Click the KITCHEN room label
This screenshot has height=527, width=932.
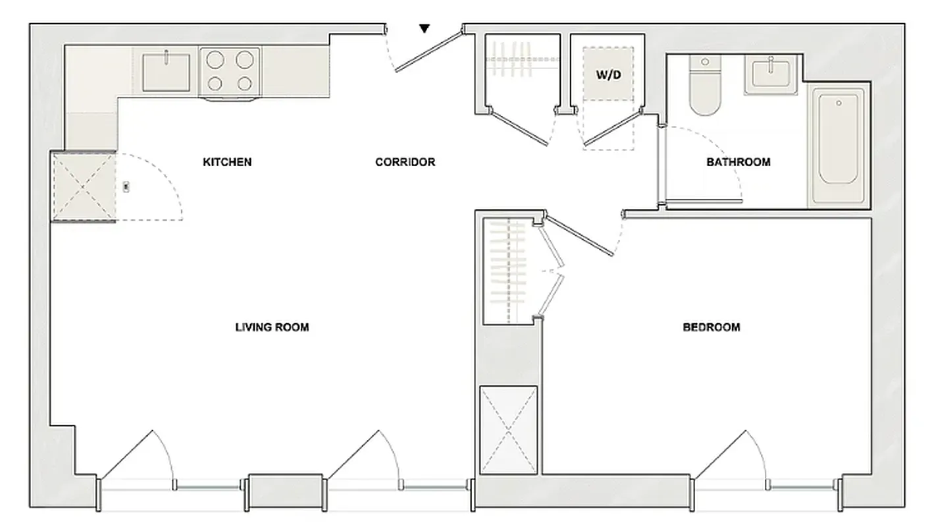click(x=227, y=162)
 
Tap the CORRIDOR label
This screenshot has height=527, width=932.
click(x=405, y=162)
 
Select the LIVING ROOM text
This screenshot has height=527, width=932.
click(x=272, y=327)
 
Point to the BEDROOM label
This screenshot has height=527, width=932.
click(x=711, y=327)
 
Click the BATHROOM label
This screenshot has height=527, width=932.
click(x=738, y=162)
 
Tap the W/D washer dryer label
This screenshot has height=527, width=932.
click(x=608, y=74)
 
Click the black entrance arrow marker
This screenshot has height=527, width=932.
click(x=425, y=28)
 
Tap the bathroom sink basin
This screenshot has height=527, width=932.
click(x=770, y=74)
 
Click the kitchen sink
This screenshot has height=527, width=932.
click(x=166, y=72)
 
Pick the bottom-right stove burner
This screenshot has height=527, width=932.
click(x=245, y=84)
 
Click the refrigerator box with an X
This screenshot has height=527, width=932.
click(x=84, y=186)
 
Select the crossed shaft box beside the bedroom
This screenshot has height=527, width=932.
click(x=508, y=430)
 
